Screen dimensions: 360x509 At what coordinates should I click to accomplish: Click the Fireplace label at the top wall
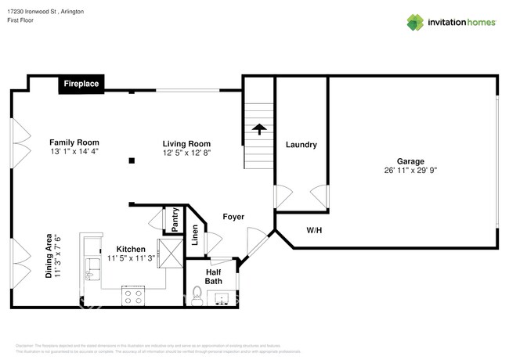pos(81,84)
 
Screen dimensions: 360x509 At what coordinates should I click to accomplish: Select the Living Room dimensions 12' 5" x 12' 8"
pos(186,153)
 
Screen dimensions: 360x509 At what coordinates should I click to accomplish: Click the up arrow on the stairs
pos(259,129)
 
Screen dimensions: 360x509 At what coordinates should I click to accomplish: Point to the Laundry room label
pos(301,145)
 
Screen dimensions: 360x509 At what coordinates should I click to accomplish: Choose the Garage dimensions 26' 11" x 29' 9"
pos(410,171)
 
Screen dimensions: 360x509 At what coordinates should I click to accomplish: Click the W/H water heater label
pos(314,230)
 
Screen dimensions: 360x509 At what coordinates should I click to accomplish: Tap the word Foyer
pos(233,217)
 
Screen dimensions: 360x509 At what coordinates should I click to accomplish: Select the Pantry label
pos(175,220)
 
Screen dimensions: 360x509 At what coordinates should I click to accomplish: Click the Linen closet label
pos(195,236)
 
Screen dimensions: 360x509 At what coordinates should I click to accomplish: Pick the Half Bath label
pos(214,275)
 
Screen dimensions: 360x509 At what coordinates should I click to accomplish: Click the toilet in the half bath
pos(197,297)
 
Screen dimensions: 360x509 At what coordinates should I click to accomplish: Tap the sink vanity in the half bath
pos(222,300)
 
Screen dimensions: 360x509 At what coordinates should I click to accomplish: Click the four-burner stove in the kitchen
pos(132,297)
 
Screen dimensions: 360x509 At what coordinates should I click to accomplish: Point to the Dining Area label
pos(52,256)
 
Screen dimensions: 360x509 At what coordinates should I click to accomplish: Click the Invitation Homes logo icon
pos(415,22)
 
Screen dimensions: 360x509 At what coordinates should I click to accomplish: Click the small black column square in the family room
pos(132,160)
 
